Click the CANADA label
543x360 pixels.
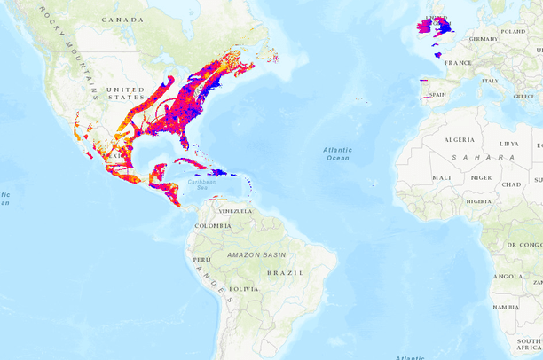[x=122, y=20]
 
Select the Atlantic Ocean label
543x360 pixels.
[x=337, y=154]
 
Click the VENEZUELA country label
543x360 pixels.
[x=235, y=211]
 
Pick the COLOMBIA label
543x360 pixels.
[x=213, y=226]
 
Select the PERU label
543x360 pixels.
[x=201, y=259]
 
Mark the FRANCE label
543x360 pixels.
[x=459, y=63]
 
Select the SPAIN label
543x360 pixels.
[x=437, y=94]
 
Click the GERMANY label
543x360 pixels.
[x=484, y=39]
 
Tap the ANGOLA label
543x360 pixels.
[x=508, y=277]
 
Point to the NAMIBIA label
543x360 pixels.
[x=505, y=307]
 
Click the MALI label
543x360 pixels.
[x=442, y=177]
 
